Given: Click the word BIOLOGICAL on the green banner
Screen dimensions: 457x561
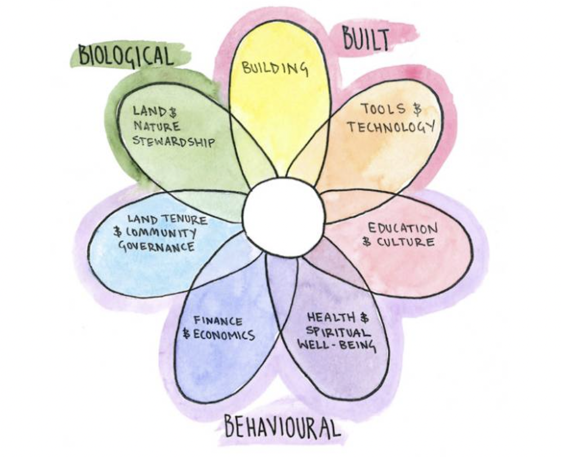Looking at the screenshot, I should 125,56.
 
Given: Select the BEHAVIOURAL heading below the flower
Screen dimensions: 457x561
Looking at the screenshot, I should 282,427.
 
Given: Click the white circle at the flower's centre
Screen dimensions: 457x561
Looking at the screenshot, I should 284,217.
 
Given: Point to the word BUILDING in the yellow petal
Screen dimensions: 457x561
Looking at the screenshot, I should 275,68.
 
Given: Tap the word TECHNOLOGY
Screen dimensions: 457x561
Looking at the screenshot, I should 390,126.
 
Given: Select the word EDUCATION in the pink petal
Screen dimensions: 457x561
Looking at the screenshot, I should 403,228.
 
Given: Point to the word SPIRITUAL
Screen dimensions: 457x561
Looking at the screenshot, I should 338,332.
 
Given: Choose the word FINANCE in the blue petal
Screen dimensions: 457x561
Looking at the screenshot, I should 219,322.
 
